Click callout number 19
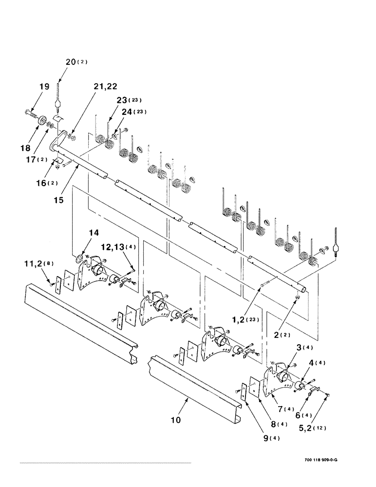[44, 87]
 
